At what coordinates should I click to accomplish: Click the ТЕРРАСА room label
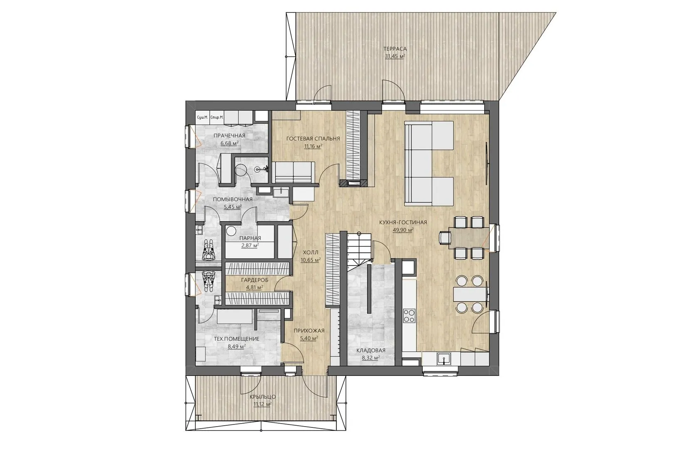click(x=395, y=49)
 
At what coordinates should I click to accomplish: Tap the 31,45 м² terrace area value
click(x=395, y=56)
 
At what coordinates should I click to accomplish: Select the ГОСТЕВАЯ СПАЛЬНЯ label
click(x=313, y=138)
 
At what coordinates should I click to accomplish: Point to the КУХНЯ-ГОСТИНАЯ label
click(x=403, y=222)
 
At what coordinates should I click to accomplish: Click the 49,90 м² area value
click(x=403, y=230)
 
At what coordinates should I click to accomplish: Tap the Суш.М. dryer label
click(x=202, y=117)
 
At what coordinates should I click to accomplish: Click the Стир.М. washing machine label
click(x=217, y=117)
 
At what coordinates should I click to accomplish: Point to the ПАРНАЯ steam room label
click(x=250, y=238)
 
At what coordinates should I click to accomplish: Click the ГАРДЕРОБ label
click(x=254, y=280)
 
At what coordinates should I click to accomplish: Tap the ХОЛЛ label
click(x=311, y=253)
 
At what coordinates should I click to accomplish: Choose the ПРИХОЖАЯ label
click(x=309, y=331)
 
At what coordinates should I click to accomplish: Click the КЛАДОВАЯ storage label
click(x=371, y=350)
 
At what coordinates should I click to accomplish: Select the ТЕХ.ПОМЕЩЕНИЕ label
click(x=236, y=338)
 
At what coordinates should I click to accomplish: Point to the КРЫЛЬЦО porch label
click(x=263, y=397)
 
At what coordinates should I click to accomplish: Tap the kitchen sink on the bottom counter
click(x=444, y=359)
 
